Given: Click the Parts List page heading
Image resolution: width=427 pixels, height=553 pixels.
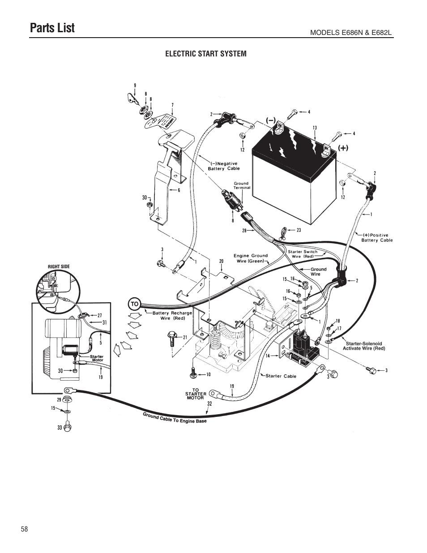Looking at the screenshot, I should click(x=52, y=28).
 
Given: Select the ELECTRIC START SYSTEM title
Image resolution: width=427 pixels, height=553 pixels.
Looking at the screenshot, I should click(x=206, y=54).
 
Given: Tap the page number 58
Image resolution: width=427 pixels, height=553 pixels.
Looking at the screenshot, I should click(x=24, y=529).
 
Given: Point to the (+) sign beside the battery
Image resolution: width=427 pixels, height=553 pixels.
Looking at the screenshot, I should click(x=343, y=147).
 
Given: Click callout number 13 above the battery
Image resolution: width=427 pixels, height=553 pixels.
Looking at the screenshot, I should click(x=315, y=128).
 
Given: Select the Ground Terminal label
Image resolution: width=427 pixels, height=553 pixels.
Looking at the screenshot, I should click(x=241, y=185).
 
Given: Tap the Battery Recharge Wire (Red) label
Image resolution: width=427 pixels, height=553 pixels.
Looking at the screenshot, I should click(x=172, y=315).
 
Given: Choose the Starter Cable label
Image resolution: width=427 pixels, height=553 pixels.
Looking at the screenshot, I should click(x=281, y=376).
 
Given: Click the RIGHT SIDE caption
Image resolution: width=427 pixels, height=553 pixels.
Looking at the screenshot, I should click(x=59, y=267).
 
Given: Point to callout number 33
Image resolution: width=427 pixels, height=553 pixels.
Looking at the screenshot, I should click(x=60, y=428).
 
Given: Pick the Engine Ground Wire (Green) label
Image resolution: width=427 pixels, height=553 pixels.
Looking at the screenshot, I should click(x=250, y=258).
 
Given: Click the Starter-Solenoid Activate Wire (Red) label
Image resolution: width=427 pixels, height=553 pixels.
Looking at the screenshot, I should click(x=363, y=346).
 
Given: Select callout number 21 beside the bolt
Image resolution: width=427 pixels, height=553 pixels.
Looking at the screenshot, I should click(x=184, y=338).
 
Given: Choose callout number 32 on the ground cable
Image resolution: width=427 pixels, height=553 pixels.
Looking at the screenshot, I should click(x=209, y=403).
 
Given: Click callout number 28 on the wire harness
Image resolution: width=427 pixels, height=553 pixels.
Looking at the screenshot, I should click(x=244, y=230).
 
